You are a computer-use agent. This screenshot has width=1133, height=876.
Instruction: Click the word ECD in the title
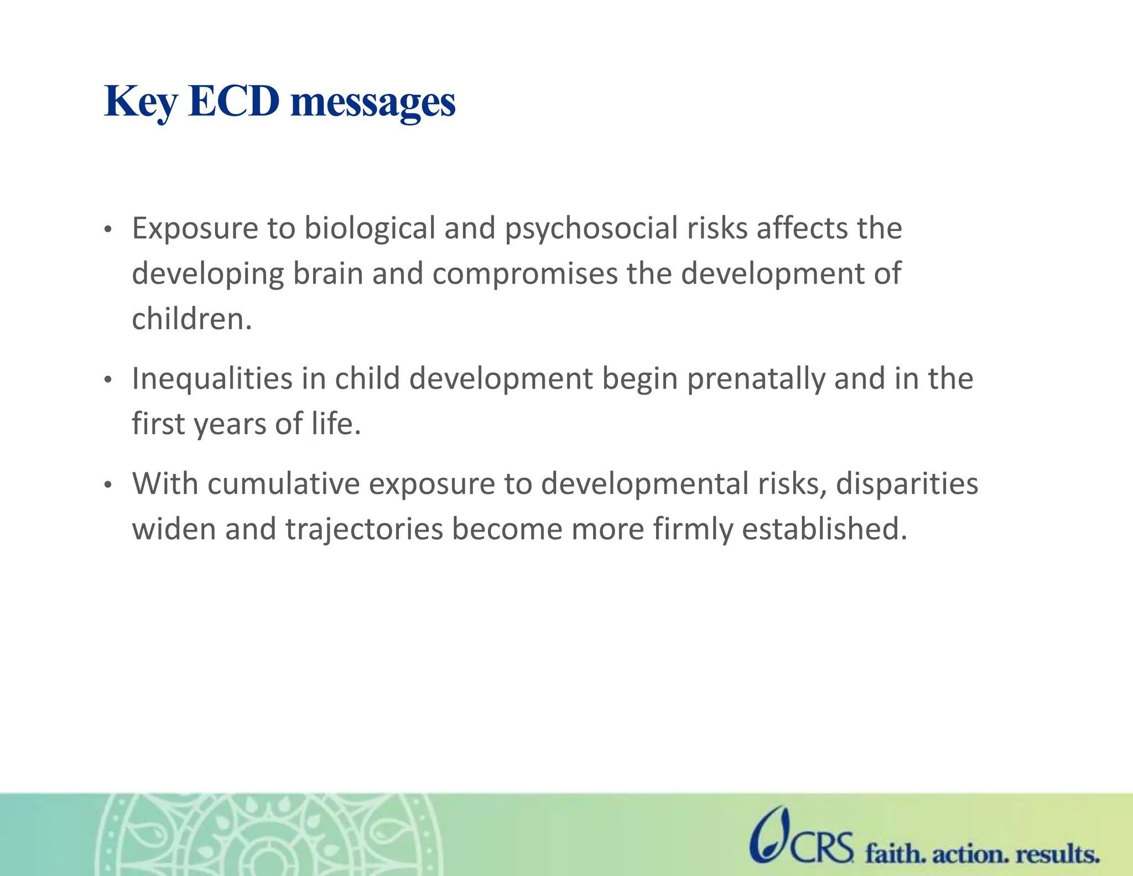point(233,102)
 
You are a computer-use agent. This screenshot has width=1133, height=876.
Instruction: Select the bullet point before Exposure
point(108,229)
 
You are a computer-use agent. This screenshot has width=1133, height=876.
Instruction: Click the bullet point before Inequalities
point(108,380)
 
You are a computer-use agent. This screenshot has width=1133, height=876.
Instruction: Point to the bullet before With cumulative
point(108,485)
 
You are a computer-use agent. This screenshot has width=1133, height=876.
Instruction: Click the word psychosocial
point(591,229)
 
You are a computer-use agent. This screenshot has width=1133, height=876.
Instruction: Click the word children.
point(191,319)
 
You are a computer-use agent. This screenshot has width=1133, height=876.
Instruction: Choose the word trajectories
point(364,529)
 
